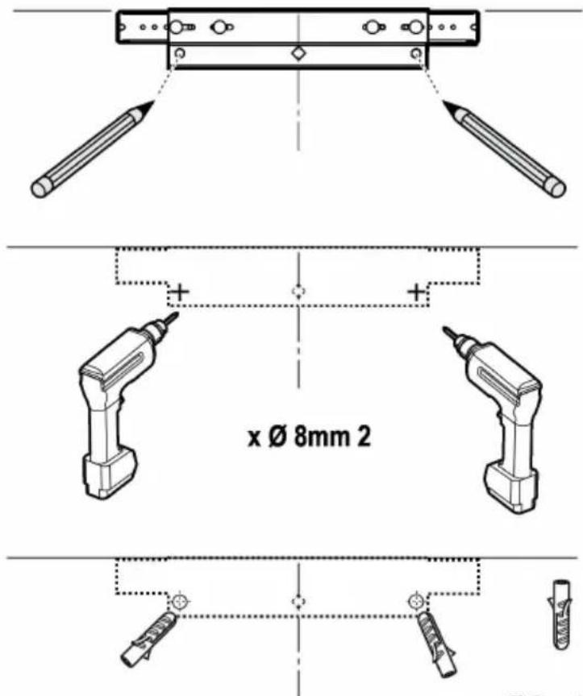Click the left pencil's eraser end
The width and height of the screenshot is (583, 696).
pyautogui.click(x=41, y=188)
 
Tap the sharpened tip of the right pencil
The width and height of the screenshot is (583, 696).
pyautogui.click(x=445, y=103)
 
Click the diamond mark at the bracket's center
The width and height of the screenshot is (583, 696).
pyautogui.click(x=298, y=54)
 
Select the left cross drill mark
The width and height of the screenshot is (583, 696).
pyautogui.click(x=180, y=292)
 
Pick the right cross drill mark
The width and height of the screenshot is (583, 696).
pyautogui.click(x=416, y=292)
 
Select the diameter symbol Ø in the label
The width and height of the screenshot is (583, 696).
pyautogui.click(x=279, y=437)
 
